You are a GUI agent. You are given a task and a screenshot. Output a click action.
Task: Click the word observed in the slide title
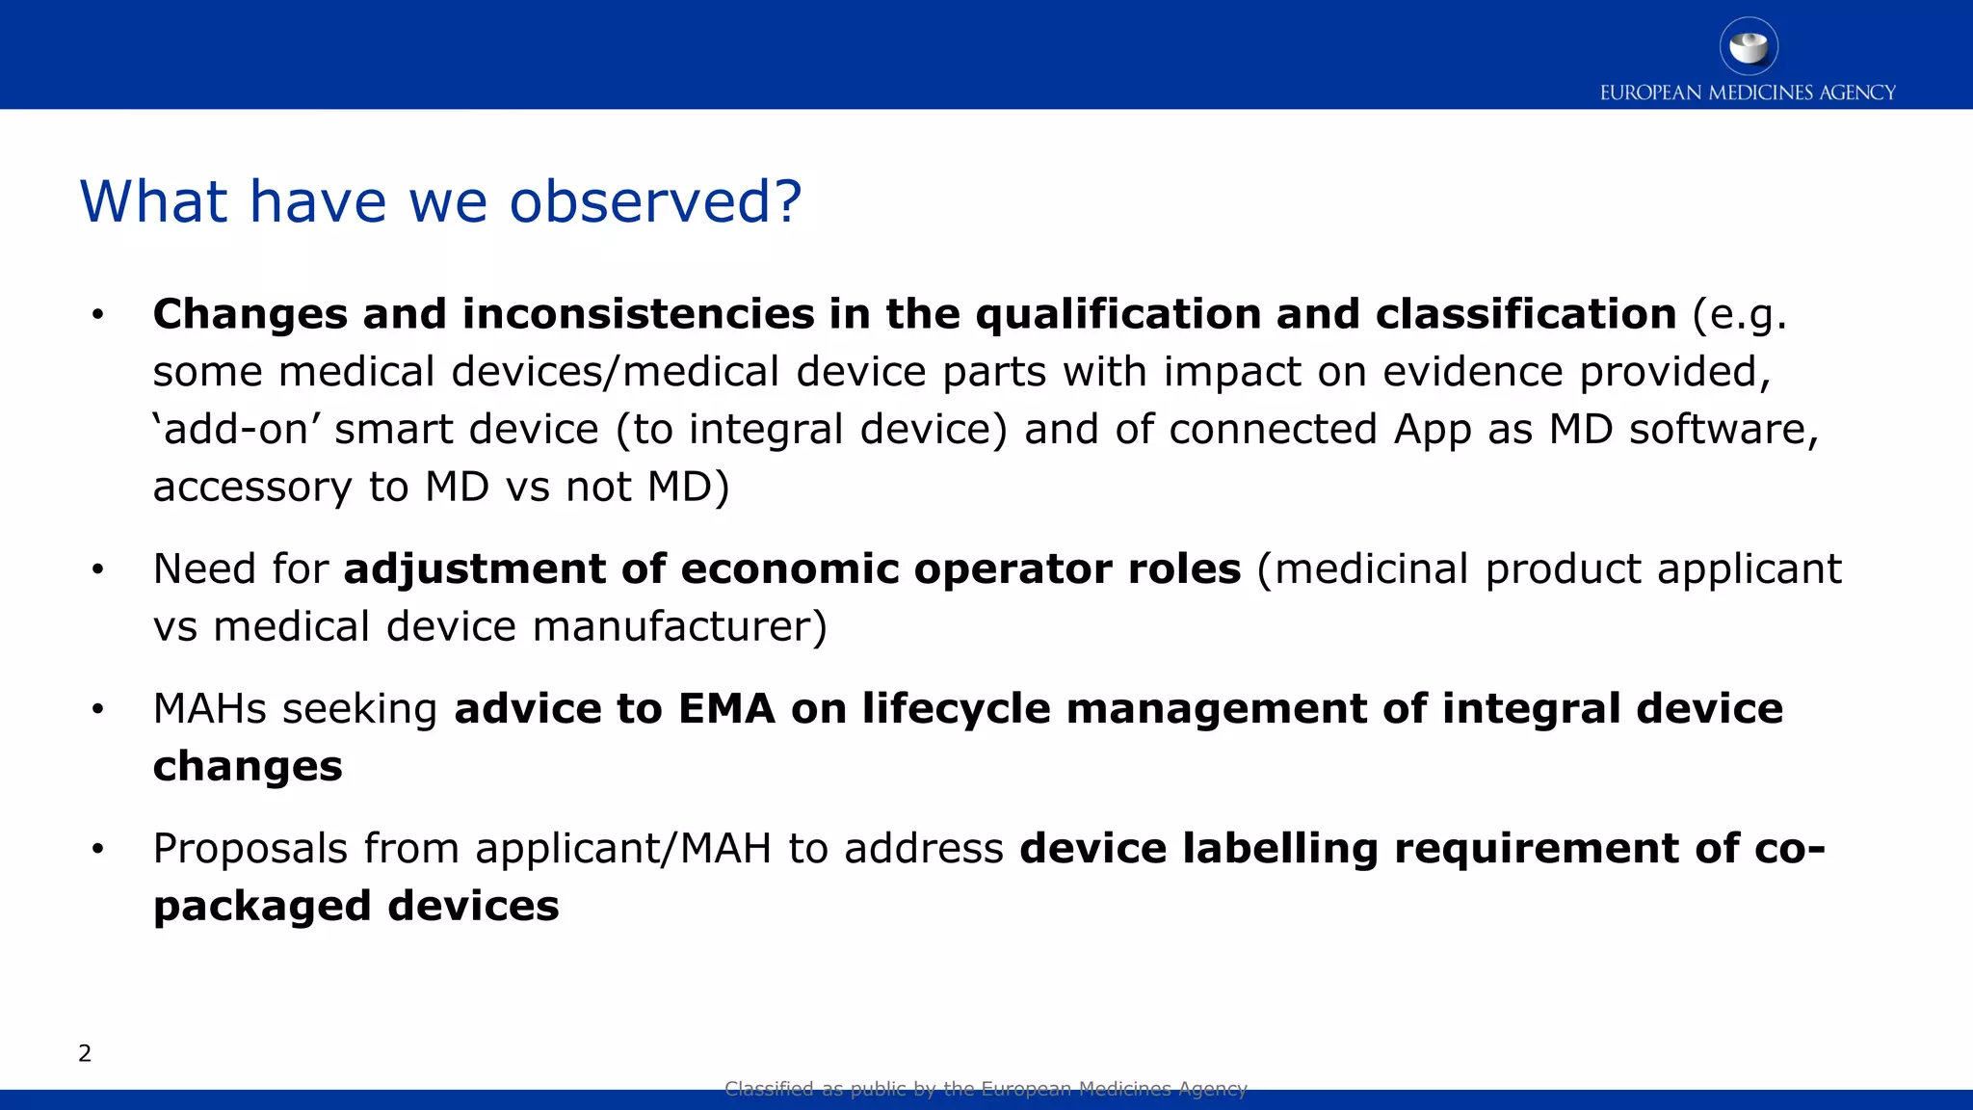(655, 202)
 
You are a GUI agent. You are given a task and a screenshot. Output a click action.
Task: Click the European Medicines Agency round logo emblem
(1749, 46)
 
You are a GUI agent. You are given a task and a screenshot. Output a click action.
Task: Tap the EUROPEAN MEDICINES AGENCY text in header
(1748, 92)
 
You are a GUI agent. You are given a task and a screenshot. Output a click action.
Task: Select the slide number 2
(85, 1053)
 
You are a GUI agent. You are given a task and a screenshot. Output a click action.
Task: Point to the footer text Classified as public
(986, 1089)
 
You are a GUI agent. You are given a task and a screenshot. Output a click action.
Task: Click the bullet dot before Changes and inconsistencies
(97, 315)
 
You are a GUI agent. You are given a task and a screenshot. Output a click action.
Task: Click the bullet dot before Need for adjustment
(97, 570)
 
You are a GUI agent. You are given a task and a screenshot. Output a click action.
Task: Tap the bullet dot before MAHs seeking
(97, 710)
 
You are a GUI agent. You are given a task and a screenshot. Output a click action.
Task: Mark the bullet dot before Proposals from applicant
(97, 850)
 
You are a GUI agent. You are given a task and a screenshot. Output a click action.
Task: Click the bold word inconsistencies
(639, 314)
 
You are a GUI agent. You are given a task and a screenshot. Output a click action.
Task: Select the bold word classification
(1526, 314)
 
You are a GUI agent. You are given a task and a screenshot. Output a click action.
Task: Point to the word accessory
(252, 488)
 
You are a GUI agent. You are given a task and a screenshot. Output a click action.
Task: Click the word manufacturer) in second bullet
(679, 627)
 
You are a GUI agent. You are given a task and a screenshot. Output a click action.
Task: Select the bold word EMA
(726, 709)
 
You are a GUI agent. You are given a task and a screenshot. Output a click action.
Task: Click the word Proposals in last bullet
(250, 849)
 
